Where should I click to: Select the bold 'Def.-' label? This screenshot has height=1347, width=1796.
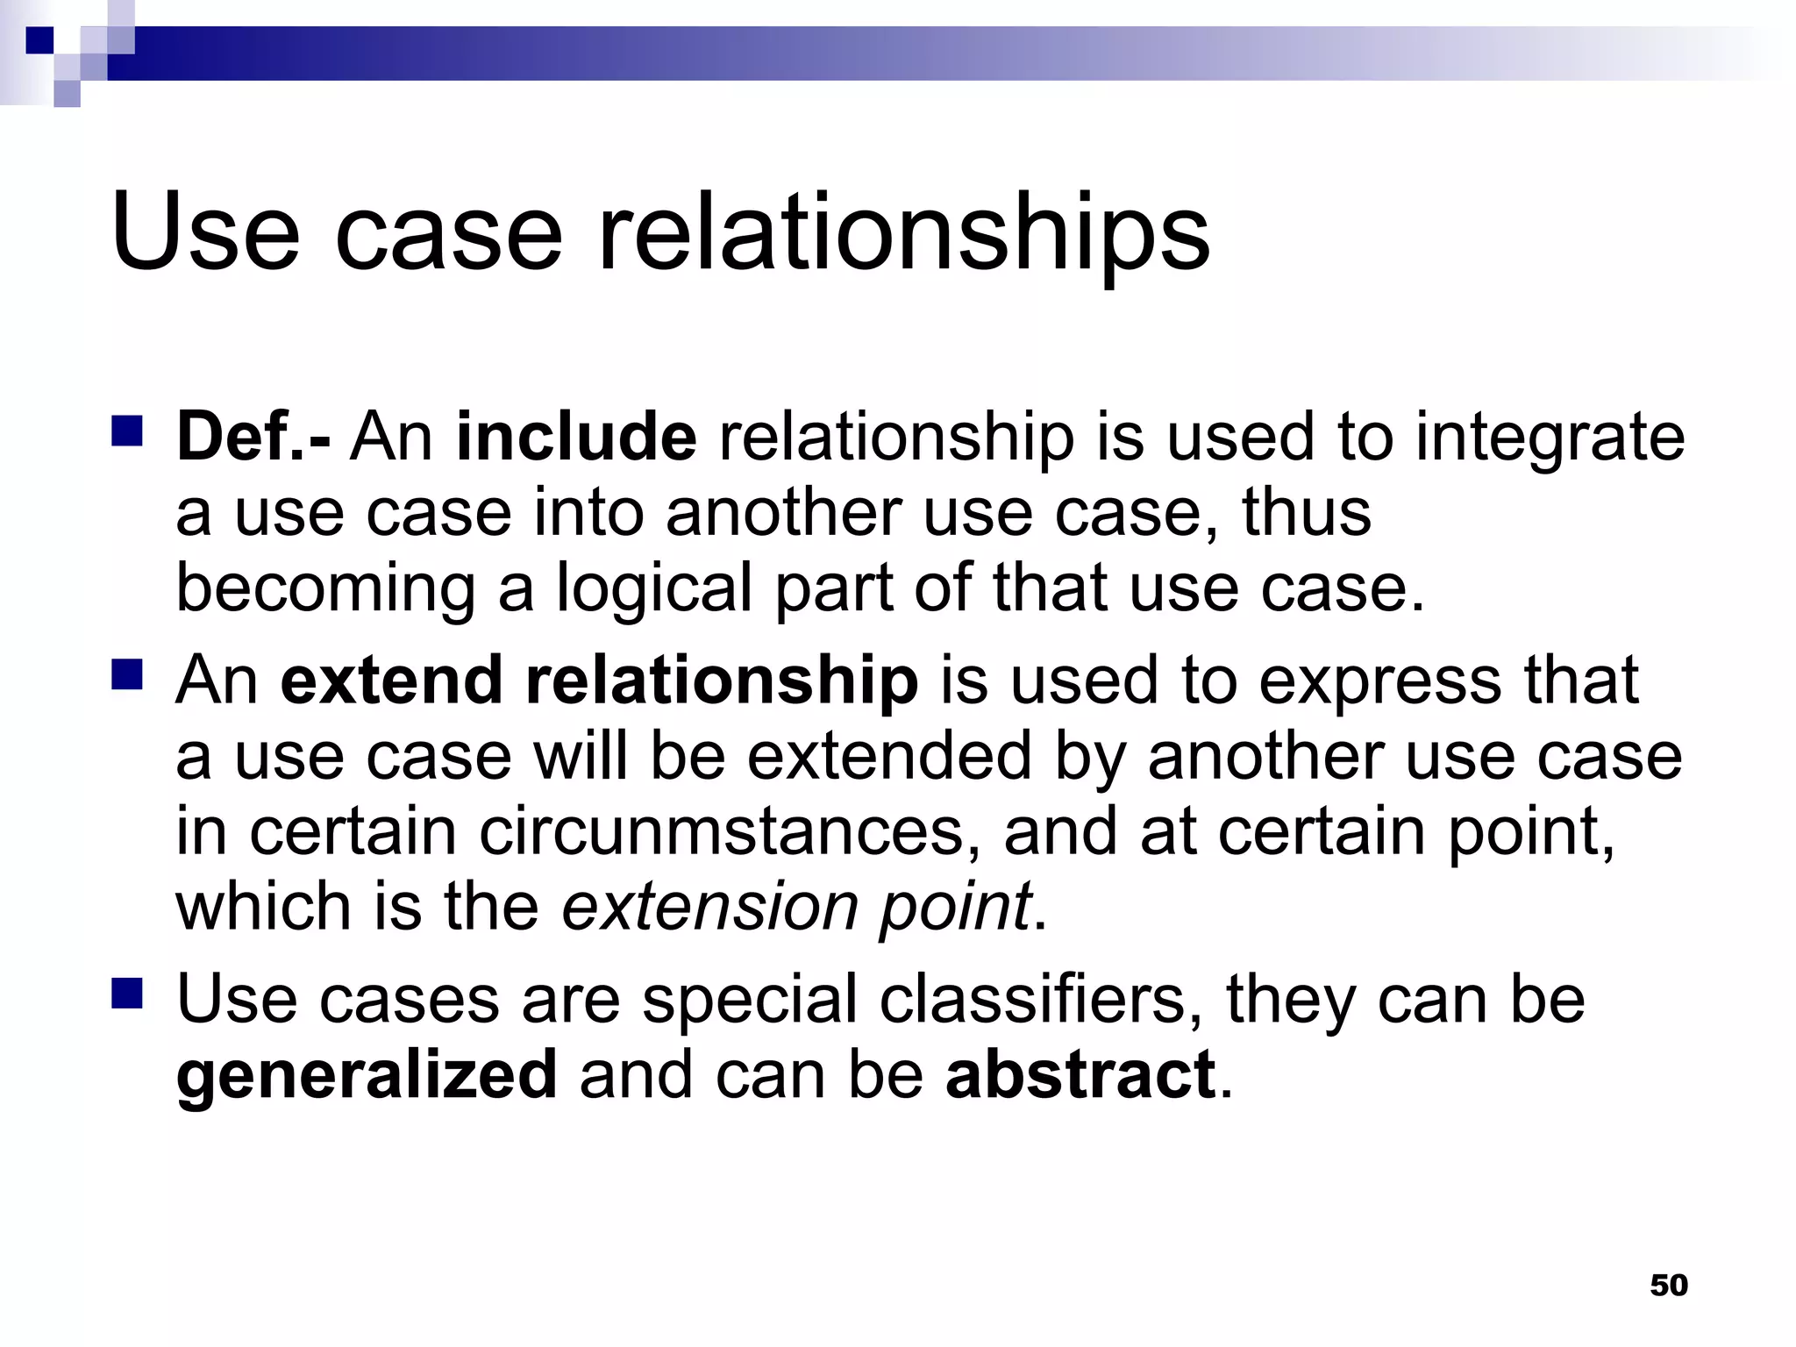point(253,436)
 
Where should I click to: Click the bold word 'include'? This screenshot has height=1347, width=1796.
point(576,436)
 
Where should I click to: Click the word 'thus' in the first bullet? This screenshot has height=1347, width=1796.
point(1306,512)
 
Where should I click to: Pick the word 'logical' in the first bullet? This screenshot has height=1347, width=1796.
point(654,589)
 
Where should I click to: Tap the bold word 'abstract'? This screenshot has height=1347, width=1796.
point(1080,1075)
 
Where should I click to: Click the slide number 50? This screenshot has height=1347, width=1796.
point(1668,1286)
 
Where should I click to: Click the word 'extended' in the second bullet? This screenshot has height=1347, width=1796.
point(888,756)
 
